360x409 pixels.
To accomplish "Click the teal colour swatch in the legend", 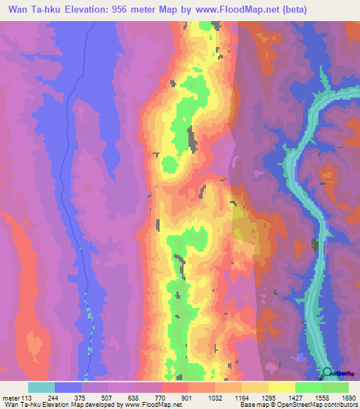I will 41,387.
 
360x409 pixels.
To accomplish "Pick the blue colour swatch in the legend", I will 68,387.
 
